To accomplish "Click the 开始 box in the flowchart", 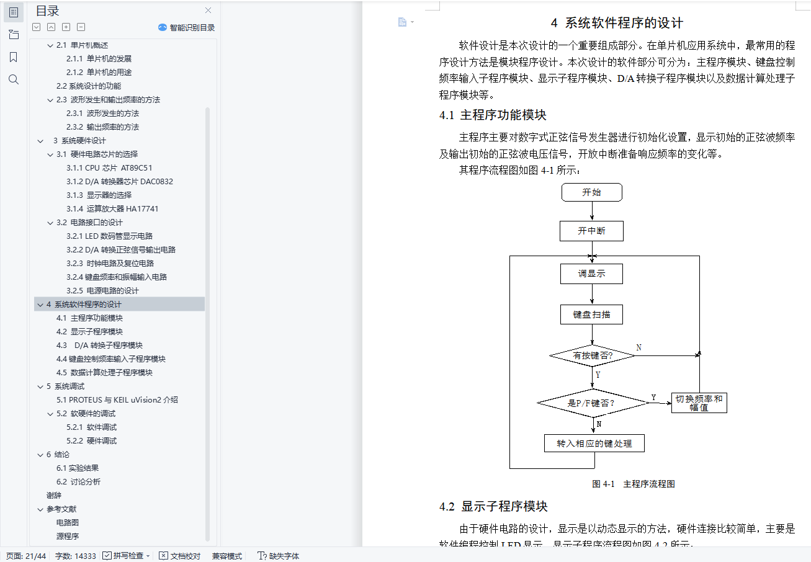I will [x=591, y=192].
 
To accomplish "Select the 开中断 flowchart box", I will [x=591, y=231].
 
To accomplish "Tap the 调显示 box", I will [x=591, y=274].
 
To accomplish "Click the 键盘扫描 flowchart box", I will [x=591, y=314].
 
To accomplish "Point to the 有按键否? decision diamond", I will [x=593, y=355].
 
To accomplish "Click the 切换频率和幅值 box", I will [x=699, y=403].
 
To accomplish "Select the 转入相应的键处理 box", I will [x=594, y=444].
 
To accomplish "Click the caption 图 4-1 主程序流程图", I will [x=634, y=484].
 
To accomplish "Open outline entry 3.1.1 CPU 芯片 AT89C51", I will [x=109, y=168].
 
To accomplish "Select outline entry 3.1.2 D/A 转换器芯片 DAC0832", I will [x=120, y=182].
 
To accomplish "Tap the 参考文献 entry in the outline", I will [x=61, y=509].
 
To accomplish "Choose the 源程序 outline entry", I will [x=68, y=537].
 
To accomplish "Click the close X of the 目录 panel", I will [x=208, y=11].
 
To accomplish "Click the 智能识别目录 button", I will [x=187, y=27].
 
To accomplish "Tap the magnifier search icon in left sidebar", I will [x=14, y=79].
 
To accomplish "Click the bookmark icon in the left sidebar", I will [x=14, y=57].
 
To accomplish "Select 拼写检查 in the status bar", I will [x=127, y=556].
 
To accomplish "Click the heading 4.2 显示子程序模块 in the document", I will [x=493, y=506].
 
